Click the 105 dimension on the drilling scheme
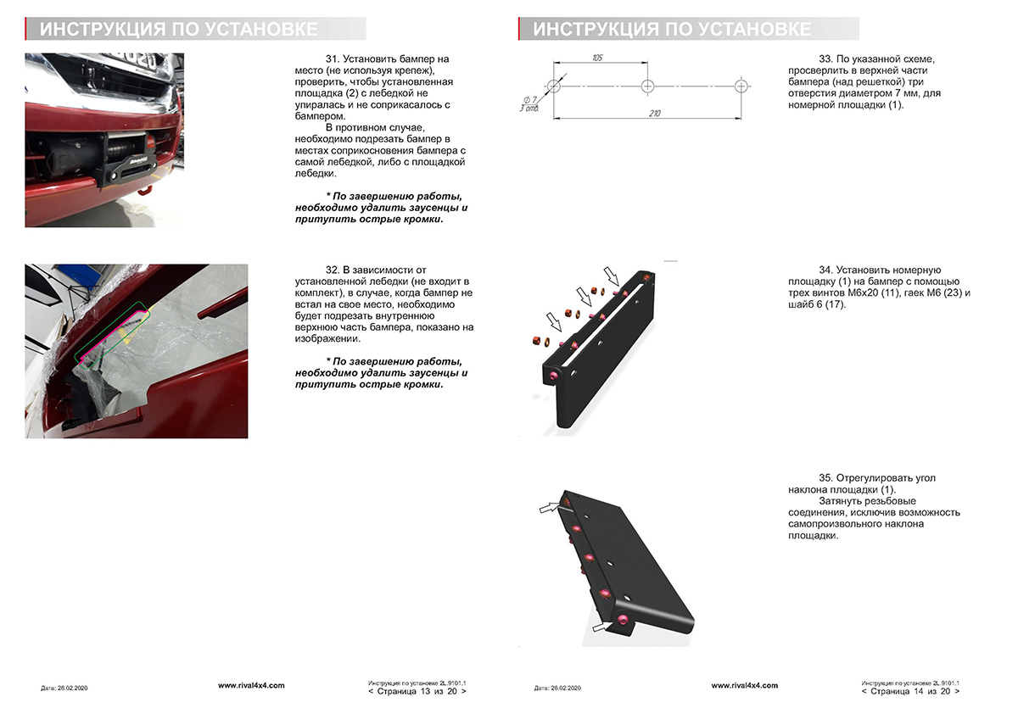click(597, 58)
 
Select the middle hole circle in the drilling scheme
click(647, 86)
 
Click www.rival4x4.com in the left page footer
click(251, 685)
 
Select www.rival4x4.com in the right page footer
click(744, 685)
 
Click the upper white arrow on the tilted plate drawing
click(551, 507)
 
